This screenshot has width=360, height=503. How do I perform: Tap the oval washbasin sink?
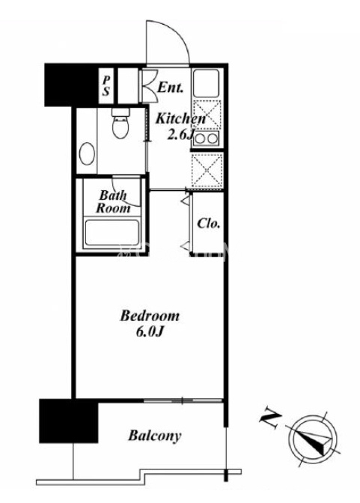[x=87, y=154]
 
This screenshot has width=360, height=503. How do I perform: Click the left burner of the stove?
[x=201, y=139]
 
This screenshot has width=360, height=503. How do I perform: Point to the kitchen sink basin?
[x=207, y=82]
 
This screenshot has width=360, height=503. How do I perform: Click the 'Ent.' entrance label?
[x=171, y=88]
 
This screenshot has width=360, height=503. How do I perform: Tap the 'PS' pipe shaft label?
[x=106, y=86]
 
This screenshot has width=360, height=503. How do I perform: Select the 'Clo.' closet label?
[x=209, y=223]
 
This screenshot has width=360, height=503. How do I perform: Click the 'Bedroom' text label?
[x=150, y=316]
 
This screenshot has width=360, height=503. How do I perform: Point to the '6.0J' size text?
[x=150, y=332]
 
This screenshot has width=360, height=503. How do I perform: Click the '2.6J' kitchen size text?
[x=180, y=135]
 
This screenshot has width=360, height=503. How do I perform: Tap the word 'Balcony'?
[x=155, y=436]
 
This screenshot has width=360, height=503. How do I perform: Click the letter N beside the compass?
[x=270, y=418]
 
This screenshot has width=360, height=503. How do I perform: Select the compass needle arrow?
[x=314, y=439]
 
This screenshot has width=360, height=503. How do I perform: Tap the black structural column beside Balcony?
[x=69, y=421]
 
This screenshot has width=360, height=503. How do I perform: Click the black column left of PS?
[x=71, y=85]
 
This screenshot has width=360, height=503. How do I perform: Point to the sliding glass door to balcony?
[x=183, y=400]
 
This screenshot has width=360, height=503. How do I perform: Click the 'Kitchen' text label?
[x=180, y=119]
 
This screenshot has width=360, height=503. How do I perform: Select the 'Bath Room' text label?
[x=113, y=201]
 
